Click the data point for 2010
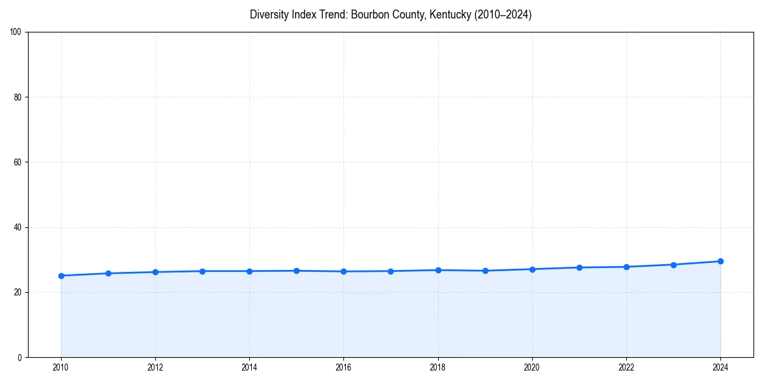61,276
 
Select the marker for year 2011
108,273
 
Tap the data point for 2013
202,271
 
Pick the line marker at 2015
296,271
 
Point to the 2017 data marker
390,271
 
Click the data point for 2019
485,271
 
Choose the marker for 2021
579,267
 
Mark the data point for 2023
673,264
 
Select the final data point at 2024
720,261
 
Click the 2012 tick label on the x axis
155,367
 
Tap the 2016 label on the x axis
343,367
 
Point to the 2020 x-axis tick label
532,367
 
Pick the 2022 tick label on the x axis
626,367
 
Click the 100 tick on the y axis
17,32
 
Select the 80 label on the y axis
18,97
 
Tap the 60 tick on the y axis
18,162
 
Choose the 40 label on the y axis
18,227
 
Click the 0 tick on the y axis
20,357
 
